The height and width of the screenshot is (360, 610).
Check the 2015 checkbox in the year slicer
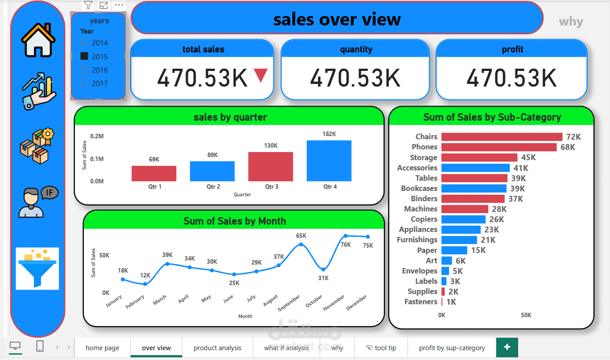pyautogui.click(x=84, y=56)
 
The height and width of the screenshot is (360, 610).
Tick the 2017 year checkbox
pyautogui.click(x=84, y=83)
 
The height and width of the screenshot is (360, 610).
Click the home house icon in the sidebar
pyautogui.click(x=38, y=40)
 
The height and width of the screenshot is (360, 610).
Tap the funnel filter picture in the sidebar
pyautogui.click(x=37, y=269)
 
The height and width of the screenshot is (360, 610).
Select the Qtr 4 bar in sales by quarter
pyautogui.click(x=329, y=161)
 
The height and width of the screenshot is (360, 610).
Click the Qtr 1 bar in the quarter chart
pyautogui.click(x=154, y=174)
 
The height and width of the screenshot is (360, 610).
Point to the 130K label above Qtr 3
pyautogui.click(x=271, y=145)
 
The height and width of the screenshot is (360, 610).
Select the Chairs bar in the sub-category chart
pyautogui.click(x=502, y=137)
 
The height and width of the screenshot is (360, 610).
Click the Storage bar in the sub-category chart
pyautogui.click(x=479, y=157)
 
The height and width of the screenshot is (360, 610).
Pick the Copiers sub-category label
pyautogui.click(x=424, y=219)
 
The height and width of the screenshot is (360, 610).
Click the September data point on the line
pyautogui.click(x=301, y=244)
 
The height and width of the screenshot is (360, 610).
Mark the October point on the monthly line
pyautogui.click(x=323, y=269)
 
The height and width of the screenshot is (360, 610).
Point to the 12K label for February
pyautogui.click(x=145, y=275)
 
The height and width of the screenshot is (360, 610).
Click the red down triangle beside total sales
pyautogui.click(x=261, y=75)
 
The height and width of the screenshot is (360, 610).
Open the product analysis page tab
pyautogui.click(x=217, y=348)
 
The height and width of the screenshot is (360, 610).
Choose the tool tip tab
pyautogui.click(x=381, y=348)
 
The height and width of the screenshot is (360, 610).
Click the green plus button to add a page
pyautogui.click(x=507, y=347)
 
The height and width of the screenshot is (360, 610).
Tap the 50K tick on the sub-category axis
pyautogui.click(x=526, y=315)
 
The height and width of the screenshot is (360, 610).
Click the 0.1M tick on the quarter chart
pyautogui.click(x=97, y=159)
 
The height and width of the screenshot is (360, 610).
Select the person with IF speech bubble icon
pyautogui.click(x=38, y=202)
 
